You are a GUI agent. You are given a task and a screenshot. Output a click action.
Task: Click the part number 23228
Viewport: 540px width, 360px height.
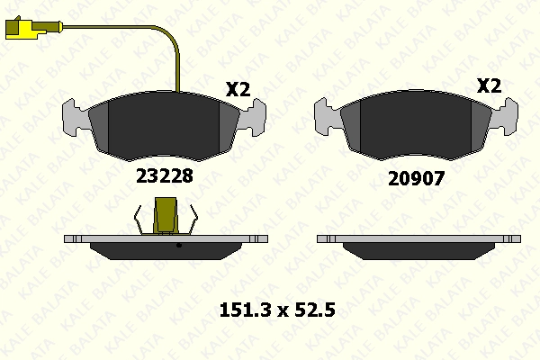pos(165,176)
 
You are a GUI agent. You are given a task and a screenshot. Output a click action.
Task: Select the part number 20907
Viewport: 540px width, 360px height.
pos(417,179)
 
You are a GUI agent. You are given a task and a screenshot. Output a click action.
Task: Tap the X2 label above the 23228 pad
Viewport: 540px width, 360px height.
pos(238,89)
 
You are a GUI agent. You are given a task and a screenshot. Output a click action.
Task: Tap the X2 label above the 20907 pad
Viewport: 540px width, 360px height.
pos(489,85)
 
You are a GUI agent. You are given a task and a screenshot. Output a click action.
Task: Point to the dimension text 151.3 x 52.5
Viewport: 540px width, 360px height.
pos(277,310)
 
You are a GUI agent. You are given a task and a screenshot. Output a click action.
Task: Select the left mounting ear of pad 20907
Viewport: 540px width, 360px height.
pos(326,116)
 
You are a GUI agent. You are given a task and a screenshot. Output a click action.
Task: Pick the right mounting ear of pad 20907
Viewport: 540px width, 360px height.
pos(505,116)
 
